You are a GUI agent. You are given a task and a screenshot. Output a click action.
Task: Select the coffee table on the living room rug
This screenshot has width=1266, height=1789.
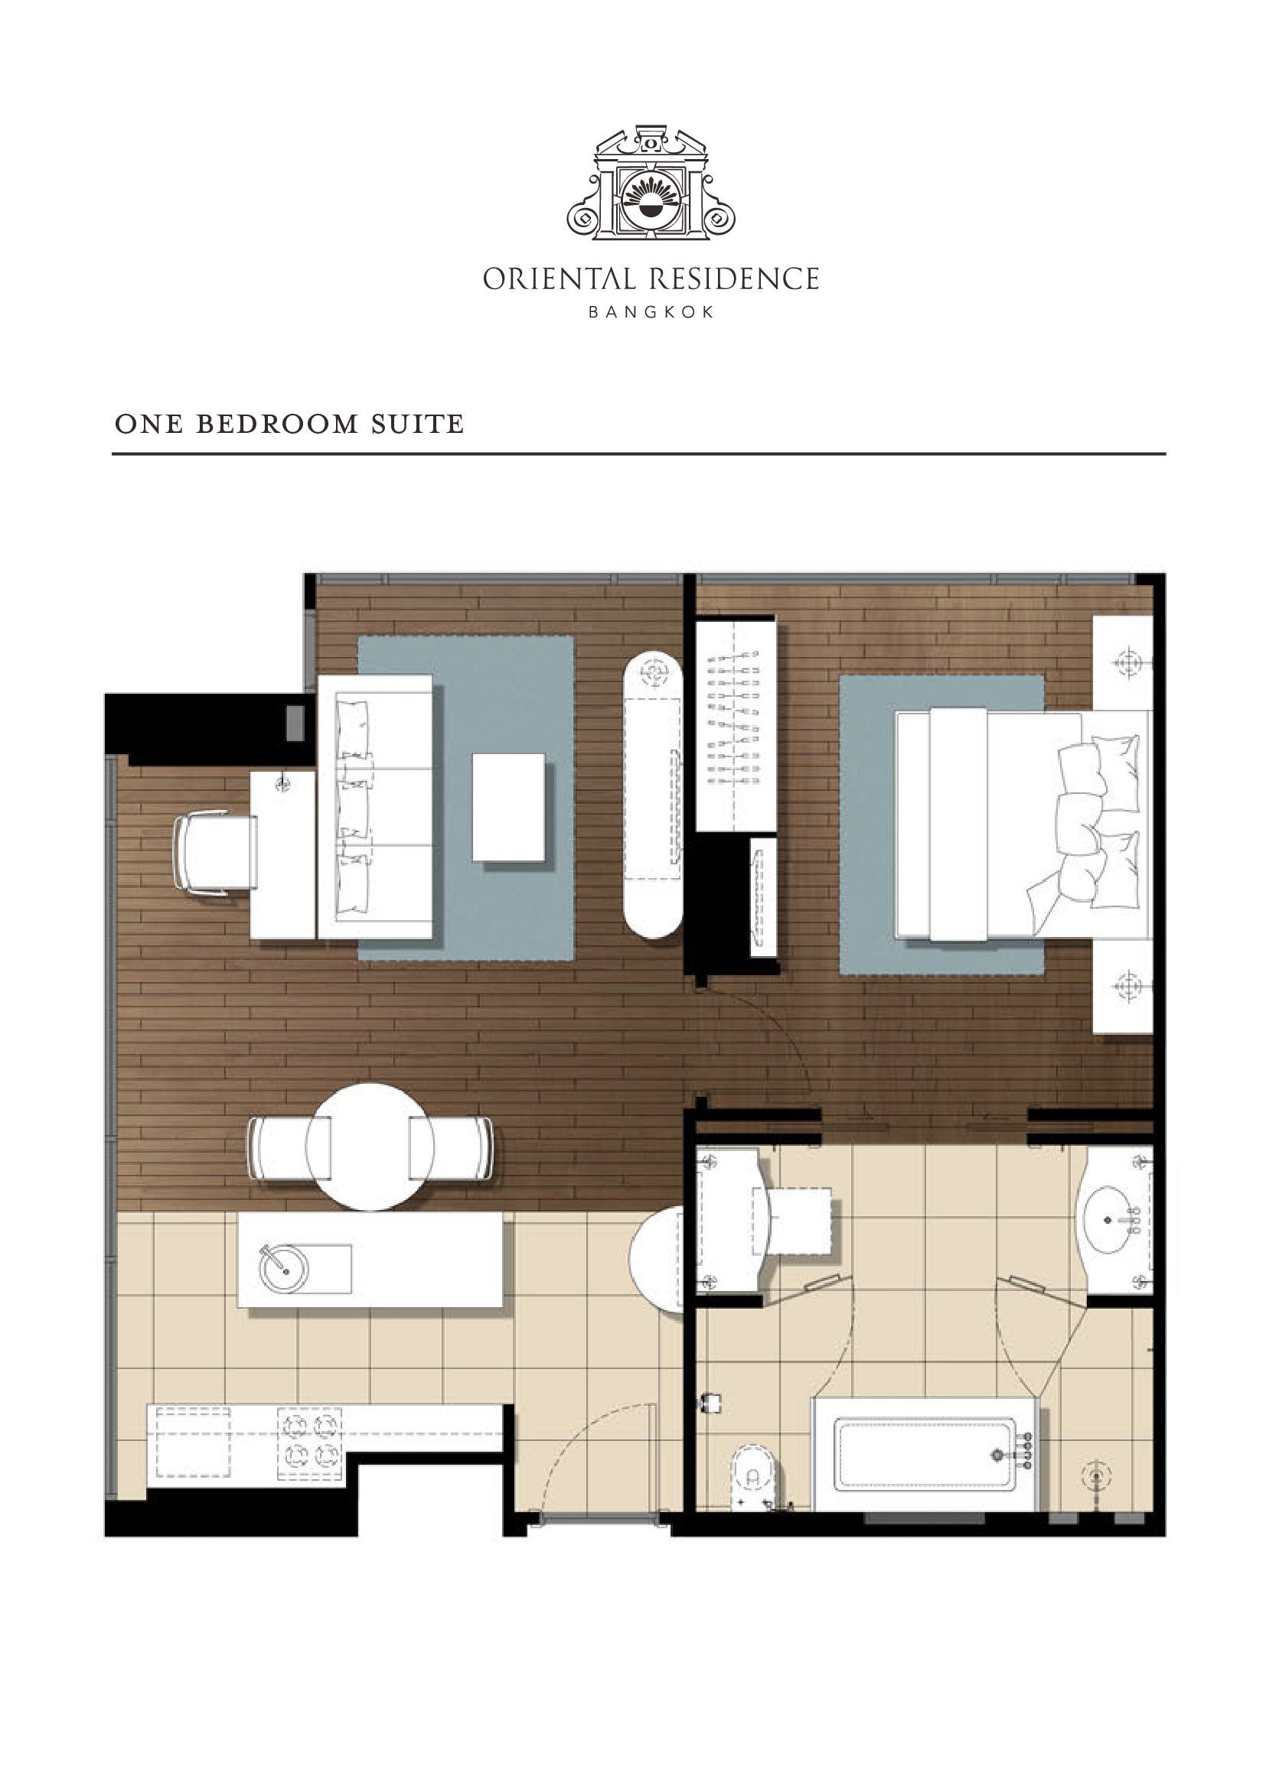pos(509,806)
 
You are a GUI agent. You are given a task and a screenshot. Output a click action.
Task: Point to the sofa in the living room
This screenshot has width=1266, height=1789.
pos(375,806)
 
